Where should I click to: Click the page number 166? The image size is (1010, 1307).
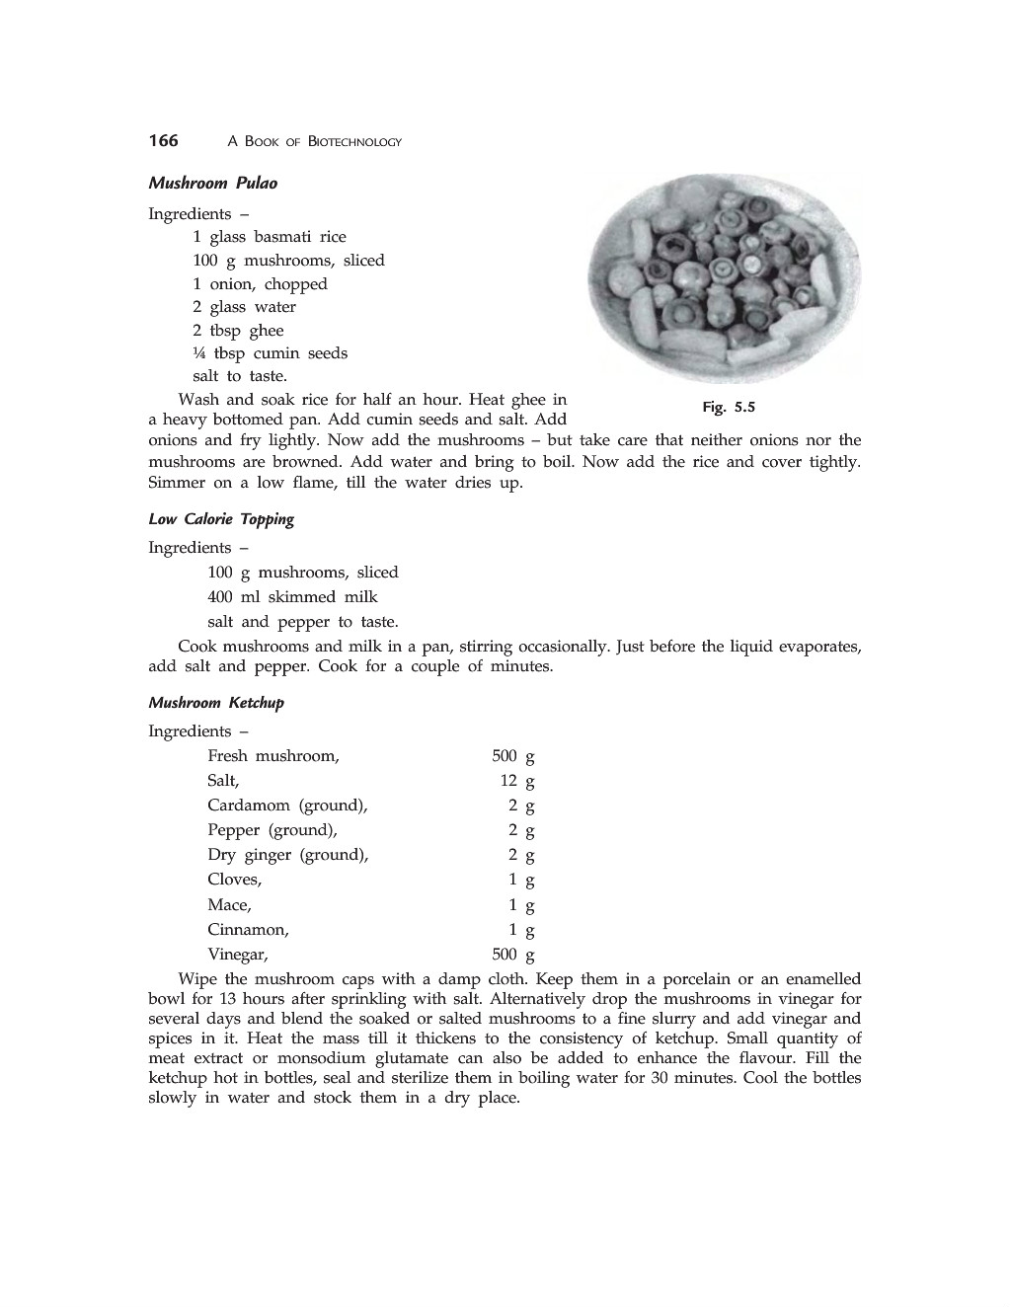tap(163, 140)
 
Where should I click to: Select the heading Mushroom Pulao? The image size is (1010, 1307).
tap(212, 183)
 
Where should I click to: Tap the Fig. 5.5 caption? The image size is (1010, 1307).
tap(728, 407)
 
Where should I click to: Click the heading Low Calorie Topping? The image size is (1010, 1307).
tap(221, 519)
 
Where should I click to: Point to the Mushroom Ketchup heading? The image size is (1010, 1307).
tap(216, 703)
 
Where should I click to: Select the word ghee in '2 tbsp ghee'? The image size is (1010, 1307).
tap(266, 331)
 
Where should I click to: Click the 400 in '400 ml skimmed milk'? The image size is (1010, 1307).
tap(220, 597)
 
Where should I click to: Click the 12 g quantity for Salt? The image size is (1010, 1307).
tap(516, 781)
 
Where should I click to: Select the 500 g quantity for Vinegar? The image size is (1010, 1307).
tap(512, 955)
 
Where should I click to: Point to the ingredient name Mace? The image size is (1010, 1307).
tap(229, 905)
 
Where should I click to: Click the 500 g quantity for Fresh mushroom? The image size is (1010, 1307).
tap(512, 756)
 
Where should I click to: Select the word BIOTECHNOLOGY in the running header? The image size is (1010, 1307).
tap(354, 142)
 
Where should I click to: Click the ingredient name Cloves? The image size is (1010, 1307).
tap(234, 880)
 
